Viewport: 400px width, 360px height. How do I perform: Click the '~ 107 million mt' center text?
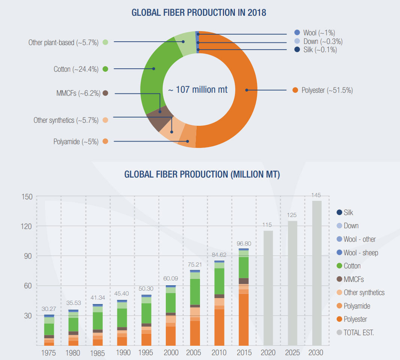197,90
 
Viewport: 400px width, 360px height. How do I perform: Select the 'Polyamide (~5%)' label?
76,142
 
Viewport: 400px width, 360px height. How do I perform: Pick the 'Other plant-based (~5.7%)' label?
63,42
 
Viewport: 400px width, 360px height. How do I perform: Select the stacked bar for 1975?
49,330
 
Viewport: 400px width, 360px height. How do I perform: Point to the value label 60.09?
170,279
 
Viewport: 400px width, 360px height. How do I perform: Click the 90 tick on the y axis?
27,256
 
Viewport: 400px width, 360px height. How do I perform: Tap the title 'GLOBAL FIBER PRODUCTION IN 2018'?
199,12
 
